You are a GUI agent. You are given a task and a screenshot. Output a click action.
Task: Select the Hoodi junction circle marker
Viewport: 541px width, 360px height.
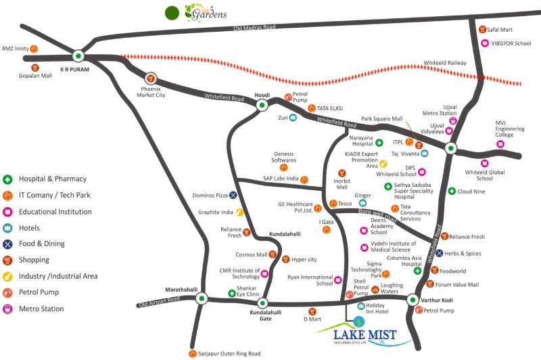tap(262, 106)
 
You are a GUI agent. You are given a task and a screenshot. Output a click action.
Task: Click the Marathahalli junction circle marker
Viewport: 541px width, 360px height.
tap(201, 298)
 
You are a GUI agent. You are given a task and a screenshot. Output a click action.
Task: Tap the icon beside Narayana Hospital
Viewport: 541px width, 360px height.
tap(379, 143)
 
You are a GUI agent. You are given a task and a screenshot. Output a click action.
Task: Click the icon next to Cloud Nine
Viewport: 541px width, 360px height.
tap(452, 191)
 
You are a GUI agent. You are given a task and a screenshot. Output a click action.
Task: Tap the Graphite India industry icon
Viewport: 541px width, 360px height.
tap(239, 212)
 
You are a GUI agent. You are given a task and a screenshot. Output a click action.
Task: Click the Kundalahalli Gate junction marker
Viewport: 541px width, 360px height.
tap(263, 303)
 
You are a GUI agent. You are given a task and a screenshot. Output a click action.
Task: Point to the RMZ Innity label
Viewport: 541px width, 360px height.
tap(14, 48)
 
